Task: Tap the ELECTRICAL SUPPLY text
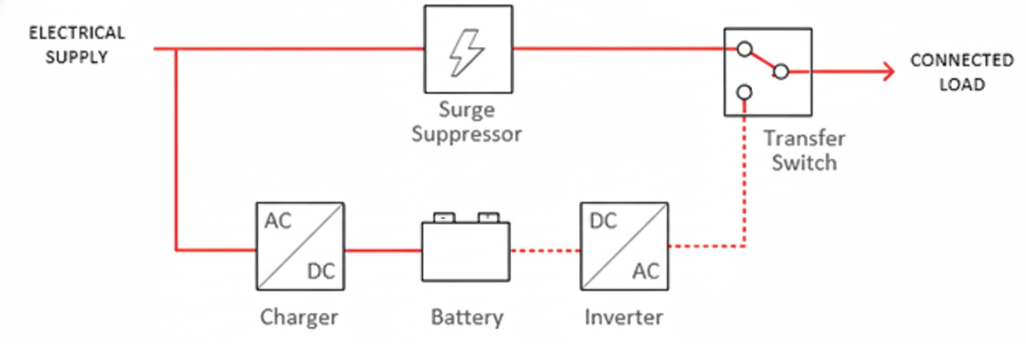pos(77,45)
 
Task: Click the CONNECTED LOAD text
pos(961,72)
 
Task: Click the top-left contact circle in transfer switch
pos(744,50)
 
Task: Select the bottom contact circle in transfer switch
pos(744,92)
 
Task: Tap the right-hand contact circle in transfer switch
pos(780,72)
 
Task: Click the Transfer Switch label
pos(804,151)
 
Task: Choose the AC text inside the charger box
pos(278,221)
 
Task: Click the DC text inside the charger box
pos(323,271)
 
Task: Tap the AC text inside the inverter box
pos(646,271)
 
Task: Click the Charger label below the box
pos(299,318)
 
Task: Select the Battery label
pos(467,318)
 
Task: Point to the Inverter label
pos(624,318)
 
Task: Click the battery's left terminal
pos(444,217)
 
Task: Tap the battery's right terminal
pos(488,217)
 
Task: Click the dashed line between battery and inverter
pos(545,250)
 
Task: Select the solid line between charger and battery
pos(383,250)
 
